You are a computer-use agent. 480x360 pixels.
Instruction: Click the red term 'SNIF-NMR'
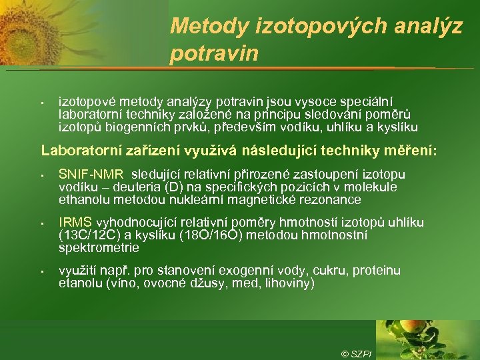point(85,175)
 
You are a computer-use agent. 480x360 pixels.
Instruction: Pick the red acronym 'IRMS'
point(75,223)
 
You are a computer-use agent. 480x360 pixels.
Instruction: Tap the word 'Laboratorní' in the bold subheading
point(79,151)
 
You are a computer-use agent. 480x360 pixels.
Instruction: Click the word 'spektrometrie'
point(98,248)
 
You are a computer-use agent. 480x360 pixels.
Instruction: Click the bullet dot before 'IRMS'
point(41,223)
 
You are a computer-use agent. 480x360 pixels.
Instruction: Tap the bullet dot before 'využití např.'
point(41,271)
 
